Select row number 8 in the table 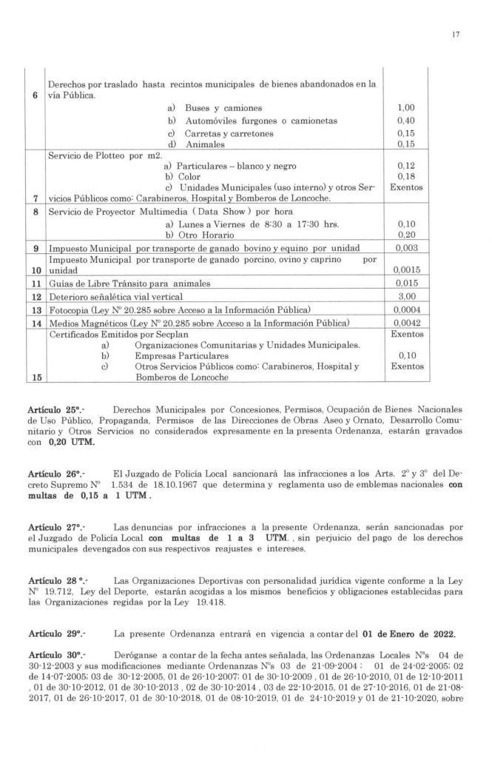click(34, 212)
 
